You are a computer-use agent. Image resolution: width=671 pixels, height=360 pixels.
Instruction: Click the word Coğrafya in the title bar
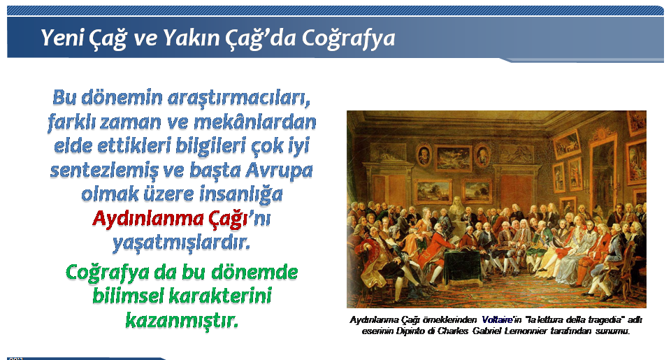coord(348,38)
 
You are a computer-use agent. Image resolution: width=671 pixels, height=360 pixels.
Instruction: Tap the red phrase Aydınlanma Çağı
coord(171,218)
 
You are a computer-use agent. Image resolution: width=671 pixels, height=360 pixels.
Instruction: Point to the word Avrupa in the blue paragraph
coord(279,171)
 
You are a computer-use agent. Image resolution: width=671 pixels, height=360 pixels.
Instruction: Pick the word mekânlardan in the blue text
coord(255,122)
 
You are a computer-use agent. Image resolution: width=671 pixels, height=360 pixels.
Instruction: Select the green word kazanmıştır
coord(182,319)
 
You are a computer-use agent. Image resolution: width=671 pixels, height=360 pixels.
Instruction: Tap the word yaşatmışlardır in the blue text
coord(182,243)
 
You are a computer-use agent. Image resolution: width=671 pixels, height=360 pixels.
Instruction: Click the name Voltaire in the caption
coord(497,319)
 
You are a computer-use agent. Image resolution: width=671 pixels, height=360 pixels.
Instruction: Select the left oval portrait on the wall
coord(424,155)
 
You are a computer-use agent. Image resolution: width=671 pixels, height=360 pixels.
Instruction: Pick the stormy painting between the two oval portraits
coord(453,157)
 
